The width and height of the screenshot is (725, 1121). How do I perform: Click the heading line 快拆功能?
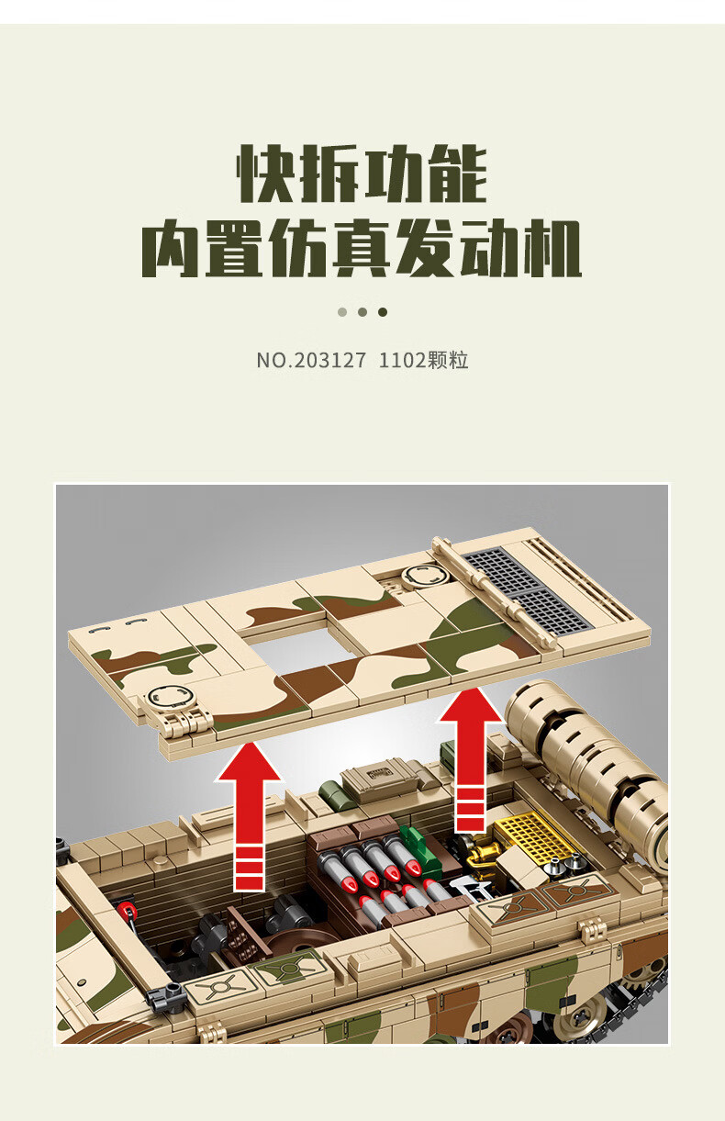(362, 174)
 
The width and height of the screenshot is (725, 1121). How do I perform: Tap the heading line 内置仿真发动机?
(362, 248)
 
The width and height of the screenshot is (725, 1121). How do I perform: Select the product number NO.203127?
(311, 360)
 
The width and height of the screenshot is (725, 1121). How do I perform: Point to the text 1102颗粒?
(423, 360)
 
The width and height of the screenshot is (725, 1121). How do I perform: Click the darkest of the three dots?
(383, 312)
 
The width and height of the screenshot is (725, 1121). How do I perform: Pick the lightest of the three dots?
(342, 312)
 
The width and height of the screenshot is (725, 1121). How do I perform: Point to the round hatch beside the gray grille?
(423, 576)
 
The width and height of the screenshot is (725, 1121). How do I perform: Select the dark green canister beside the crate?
(332, 798)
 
